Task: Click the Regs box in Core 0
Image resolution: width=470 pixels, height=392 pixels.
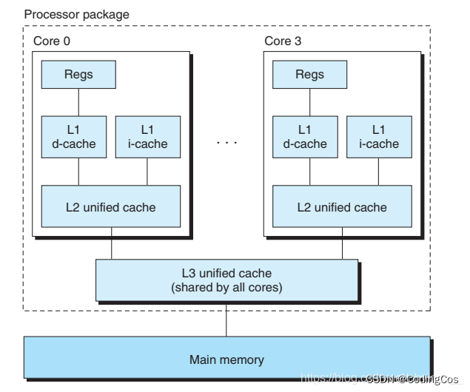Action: coord(78,75)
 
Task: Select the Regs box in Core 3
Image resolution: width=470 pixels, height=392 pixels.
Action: coord(309,75)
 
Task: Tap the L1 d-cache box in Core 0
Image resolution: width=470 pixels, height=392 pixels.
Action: coord(78,136)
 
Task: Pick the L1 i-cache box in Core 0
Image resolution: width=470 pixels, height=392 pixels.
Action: coord(147,136)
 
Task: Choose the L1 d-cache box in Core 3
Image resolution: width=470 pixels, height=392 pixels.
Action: coord(305,136)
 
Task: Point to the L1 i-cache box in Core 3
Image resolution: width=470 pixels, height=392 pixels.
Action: coord(378,136)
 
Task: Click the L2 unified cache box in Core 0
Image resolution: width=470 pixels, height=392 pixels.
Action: coord(111,206)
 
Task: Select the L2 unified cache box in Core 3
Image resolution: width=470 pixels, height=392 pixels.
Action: coord(342,206)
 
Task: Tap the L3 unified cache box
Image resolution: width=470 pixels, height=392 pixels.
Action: coord(226,280)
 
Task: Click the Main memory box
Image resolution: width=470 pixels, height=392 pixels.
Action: coord(226,359)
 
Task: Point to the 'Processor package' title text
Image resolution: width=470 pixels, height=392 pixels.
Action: coord(76,14)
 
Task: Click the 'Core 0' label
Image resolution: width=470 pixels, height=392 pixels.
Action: coord(52,41)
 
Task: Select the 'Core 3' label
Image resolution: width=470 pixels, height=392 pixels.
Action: coord(283,41)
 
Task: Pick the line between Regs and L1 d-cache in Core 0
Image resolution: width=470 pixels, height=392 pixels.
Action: coord(78,101)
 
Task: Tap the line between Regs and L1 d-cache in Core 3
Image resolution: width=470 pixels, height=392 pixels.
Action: coord(309,101)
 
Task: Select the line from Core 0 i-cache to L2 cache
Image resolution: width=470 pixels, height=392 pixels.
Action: coord(147,172)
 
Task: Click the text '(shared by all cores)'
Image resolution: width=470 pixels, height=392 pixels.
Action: coord(226,287)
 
